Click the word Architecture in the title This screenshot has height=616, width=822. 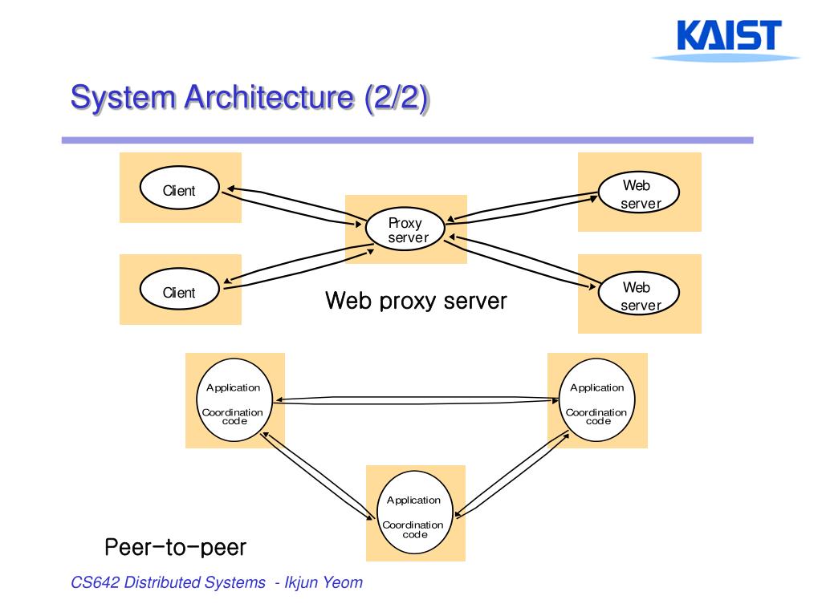click(x=269, y=97)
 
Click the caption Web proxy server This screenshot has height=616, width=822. click(x=416, y=302)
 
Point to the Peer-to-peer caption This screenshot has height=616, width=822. click(x=176, y=547)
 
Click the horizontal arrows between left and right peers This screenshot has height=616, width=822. click(x=417, y=400)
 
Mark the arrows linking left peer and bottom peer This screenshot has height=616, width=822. click(x=318, y=476)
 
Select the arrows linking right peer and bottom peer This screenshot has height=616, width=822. click(x=512, y=475)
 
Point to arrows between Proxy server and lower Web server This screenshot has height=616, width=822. click(x=522, y=262)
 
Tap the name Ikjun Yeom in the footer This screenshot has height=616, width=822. click(x=324, y=582)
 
